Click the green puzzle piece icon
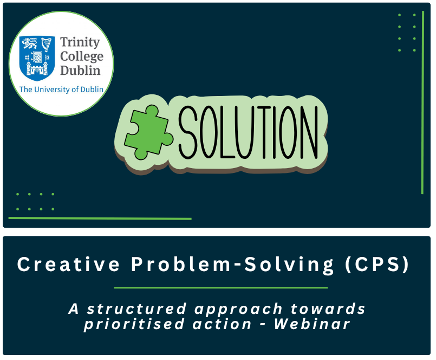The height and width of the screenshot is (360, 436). pos(148,132)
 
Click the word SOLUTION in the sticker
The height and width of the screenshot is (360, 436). pos(248,132)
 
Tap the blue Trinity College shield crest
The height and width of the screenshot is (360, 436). pos(37,58)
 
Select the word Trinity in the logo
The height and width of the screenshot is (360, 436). pos(80,42)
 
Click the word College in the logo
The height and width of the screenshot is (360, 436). pos(82,56)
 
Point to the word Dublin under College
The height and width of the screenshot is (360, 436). pos(80,70)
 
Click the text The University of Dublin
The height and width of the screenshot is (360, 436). pos(61,89)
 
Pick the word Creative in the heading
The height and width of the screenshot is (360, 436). pos(68,264)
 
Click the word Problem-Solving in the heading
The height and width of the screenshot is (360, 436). pos(232,265)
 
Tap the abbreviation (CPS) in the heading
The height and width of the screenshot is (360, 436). pos(377,264)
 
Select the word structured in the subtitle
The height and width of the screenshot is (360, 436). pos(136,309)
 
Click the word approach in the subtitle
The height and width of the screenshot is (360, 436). pos(238,310)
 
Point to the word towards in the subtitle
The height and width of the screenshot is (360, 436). pos(328,309)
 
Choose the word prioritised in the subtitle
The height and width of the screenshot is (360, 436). pos(134,324)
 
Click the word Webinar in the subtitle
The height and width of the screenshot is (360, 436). pos(312,324)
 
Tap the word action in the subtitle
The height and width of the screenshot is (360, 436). pos(222,324)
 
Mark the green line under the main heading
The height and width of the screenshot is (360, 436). pos(221,287)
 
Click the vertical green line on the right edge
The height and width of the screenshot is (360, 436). pos(422,102)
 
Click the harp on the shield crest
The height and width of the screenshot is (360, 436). pos(47,44)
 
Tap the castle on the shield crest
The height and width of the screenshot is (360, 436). pos(37,69)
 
